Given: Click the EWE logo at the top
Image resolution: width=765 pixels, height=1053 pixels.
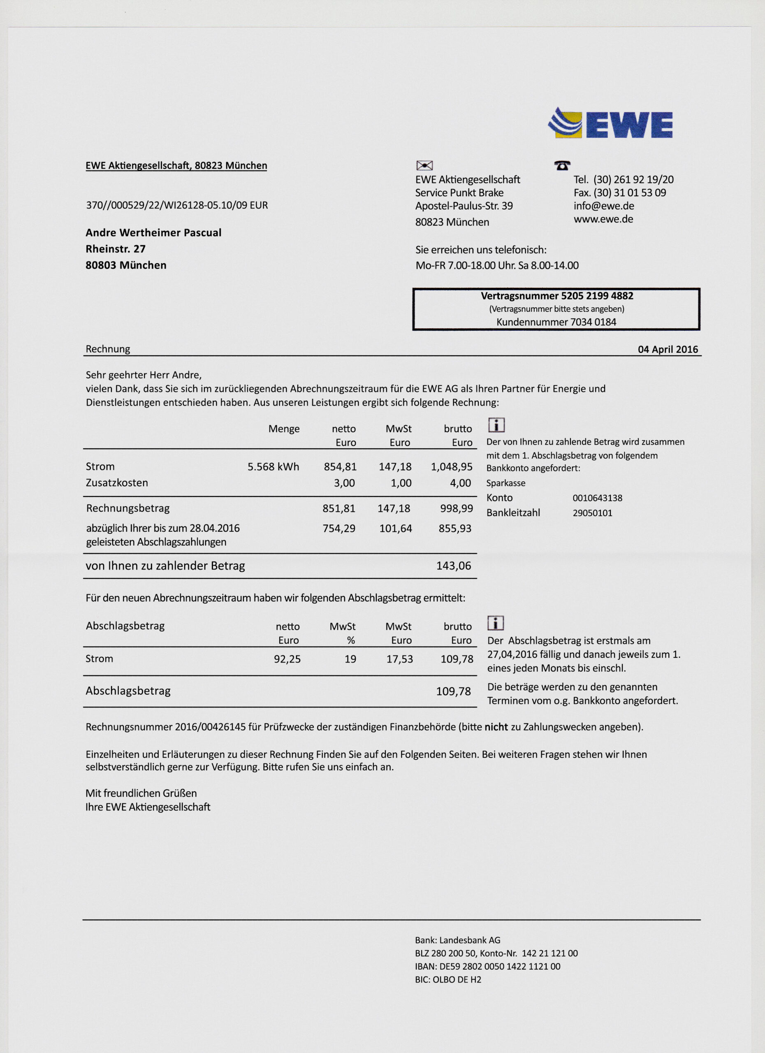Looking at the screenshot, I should (610, 123).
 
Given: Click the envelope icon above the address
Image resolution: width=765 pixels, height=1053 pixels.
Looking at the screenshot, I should (424, 165).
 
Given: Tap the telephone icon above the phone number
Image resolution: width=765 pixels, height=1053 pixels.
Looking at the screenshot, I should (562, 165).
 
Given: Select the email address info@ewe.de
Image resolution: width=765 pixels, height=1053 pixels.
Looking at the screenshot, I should (603, 206).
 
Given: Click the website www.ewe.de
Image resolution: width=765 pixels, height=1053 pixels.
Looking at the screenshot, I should (603, 219).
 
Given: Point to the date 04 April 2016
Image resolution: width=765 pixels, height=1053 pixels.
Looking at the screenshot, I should (668, 349).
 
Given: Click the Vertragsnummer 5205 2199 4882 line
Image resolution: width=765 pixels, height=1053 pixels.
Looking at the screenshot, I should (556, 296).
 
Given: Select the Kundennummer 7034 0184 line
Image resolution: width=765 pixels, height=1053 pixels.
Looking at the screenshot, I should (556, 322).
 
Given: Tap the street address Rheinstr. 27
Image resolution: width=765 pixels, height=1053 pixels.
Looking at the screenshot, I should (116, 249).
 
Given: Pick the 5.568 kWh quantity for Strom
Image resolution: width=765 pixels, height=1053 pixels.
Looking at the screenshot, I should (273, 466).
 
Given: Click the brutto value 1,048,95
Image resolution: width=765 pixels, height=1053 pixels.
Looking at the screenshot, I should (451, 466).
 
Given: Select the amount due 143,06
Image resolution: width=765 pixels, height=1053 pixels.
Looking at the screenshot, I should (453, 566).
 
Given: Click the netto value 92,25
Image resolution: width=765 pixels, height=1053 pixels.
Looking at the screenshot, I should (287, 659).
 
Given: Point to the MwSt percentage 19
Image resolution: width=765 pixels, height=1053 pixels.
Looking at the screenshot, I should (350, 659).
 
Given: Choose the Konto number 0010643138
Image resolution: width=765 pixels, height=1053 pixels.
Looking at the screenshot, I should (597, 498).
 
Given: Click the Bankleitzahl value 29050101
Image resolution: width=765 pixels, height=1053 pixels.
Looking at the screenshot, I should (592, 513).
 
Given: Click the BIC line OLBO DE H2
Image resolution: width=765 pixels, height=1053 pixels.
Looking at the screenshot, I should (448, 979).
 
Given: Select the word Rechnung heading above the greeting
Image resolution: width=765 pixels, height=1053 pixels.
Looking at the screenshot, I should (108, 349).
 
